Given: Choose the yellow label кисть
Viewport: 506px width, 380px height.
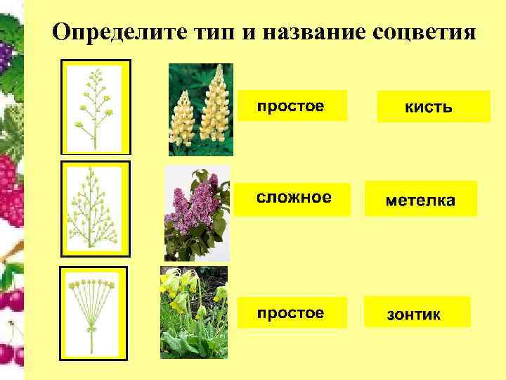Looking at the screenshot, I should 433,107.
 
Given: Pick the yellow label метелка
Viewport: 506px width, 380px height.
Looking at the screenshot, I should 420,199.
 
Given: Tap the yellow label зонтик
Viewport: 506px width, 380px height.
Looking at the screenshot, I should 417,313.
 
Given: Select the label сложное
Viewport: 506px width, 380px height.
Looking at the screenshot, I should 292,198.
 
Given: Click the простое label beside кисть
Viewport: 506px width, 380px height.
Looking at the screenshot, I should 291,106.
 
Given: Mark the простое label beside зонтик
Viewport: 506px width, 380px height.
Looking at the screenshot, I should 291,312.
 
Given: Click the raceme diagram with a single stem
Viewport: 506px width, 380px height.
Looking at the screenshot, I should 96,107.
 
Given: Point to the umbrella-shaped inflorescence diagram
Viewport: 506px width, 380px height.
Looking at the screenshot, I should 93,314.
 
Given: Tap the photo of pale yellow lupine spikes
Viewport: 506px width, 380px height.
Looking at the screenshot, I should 200,109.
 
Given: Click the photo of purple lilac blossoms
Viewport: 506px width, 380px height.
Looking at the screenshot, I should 196,213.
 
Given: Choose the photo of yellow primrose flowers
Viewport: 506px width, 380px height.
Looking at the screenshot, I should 193,312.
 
